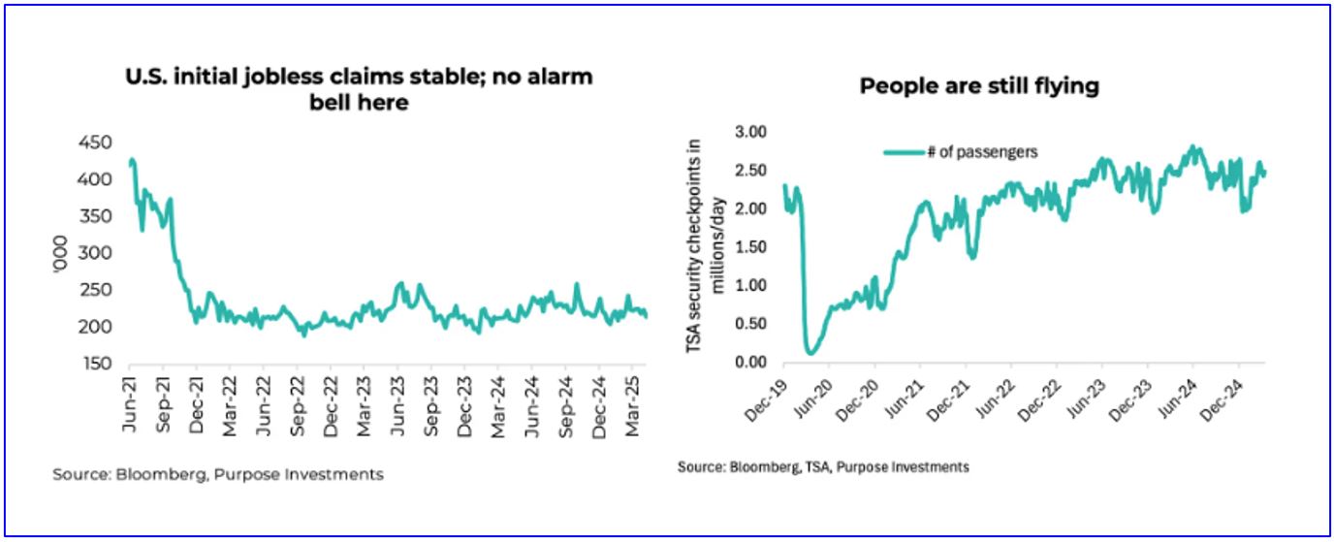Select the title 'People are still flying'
[979, 86]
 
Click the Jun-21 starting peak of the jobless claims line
[131, 159]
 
